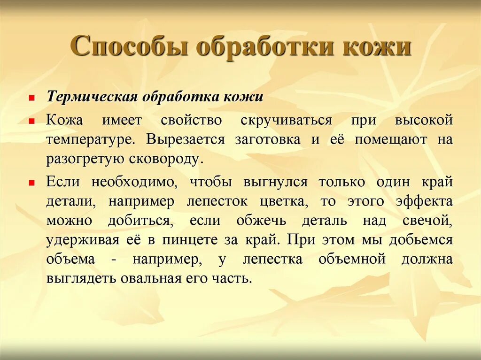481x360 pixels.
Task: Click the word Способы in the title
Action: pyautogui.click(x=128, y=47)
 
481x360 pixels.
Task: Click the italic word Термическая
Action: pyautogui.click(x=92, y=98)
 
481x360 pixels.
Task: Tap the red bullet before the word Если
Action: pyautogui.click(x=31, y=183)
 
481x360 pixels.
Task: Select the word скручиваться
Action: pyautogui.click(x=286, y=120)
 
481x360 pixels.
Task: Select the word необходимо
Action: pyautogui.click(x=135, y=182)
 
